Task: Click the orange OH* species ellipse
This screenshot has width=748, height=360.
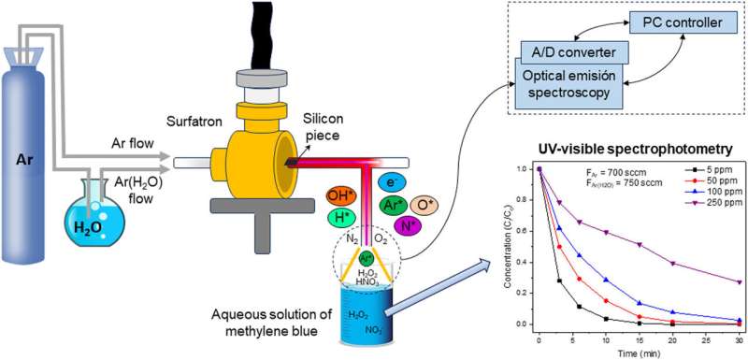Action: [x=340, y=194]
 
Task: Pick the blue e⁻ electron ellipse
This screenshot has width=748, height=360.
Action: [x=393, y=184]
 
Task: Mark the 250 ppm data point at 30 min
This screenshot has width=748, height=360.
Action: [x=740, y=281]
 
